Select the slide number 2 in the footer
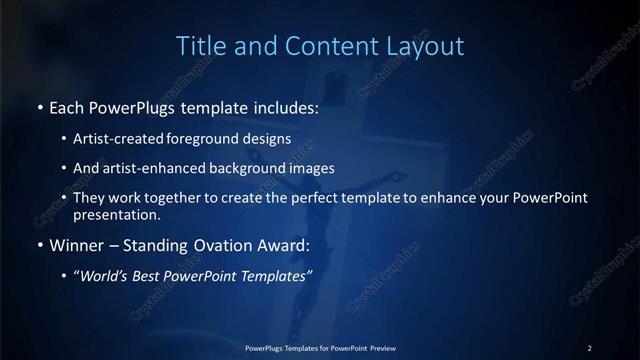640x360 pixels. [x=590, y=348]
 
